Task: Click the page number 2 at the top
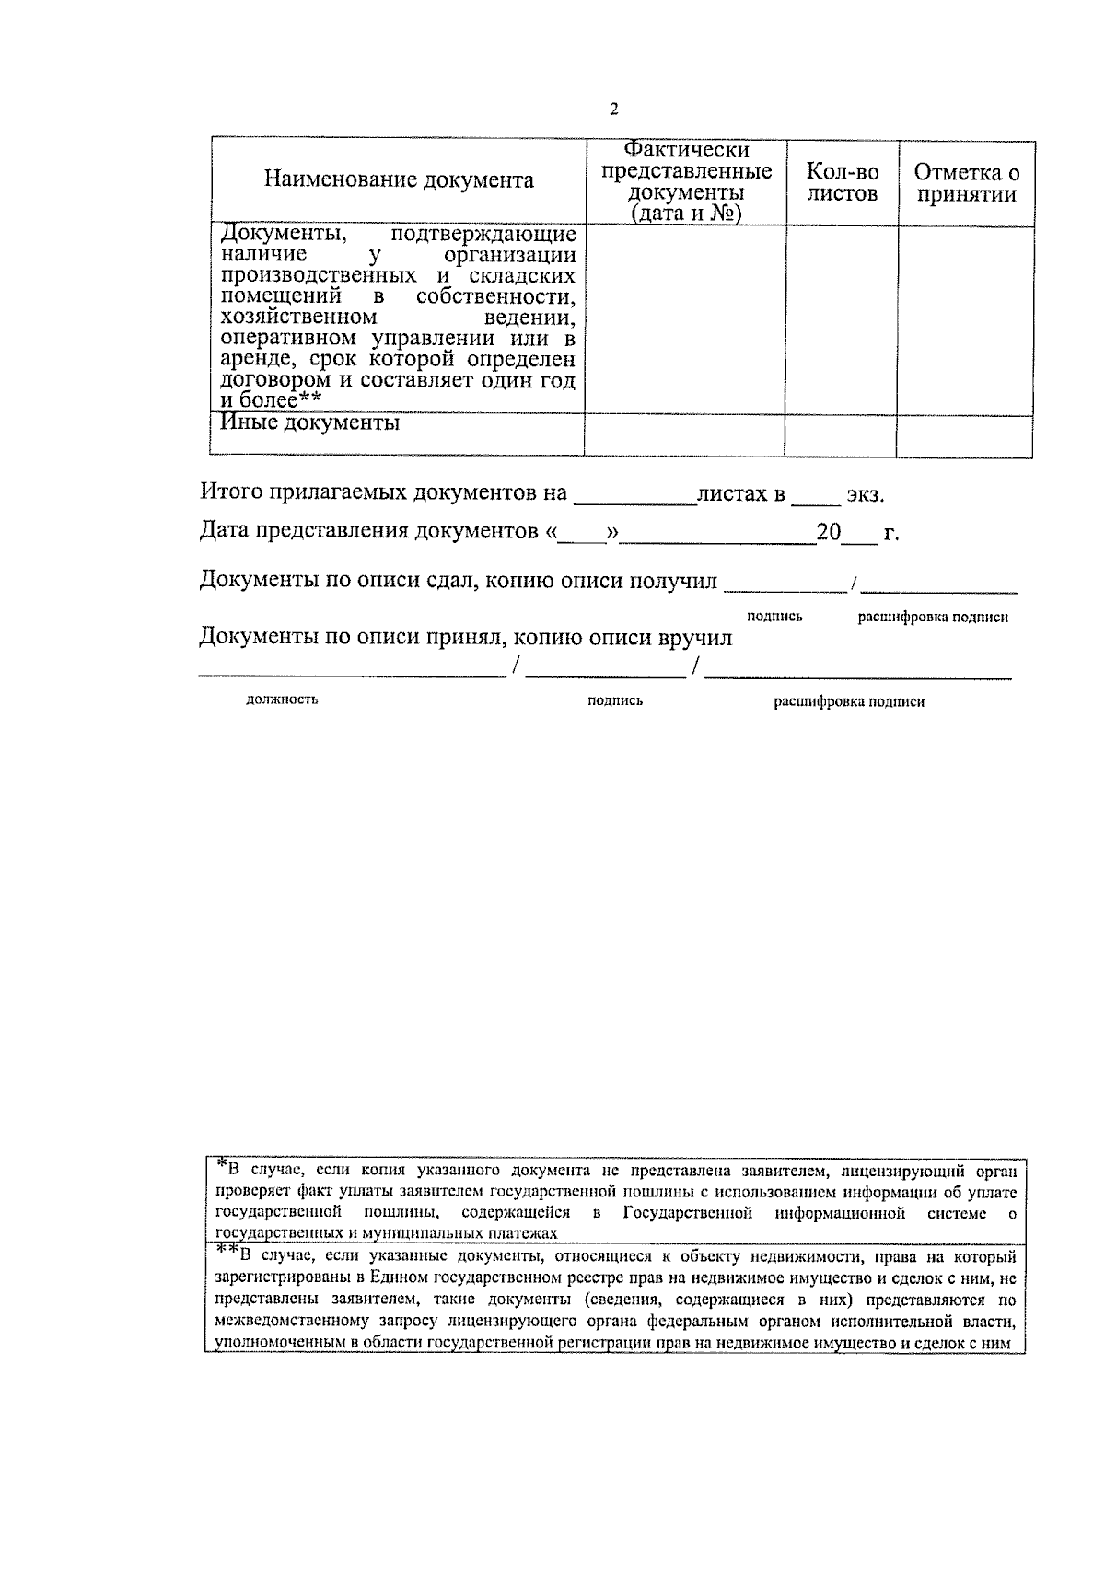click(x=614, y=110)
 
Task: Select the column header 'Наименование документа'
click(x=399, y=180)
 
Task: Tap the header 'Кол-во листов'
click(x=842, y=182)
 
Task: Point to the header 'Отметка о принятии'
click(x=966, y=182)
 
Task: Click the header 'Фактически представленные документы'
click(x=686, y=181)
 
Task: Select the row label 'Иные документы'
click(x=310, y=423)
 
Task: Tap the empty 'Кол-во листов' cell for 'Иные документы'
click(x=841, y=434)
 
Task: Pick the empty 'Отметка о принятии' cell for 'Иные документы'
click(x=964, y=434)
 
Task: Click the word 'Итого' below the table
click(x=230, y=492)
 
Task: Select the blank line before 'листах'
click(x=635, y=497)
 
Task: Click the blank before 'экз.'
click(x=816, y=497)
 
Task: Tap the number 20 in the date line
click(x=828, y=533)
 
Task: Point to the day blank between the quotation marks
click(x=582, y=535)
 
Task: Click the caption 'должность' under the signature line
click(x=282, y=699)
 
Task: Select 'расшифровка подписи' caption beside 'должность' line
click(x=848, y=701)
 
